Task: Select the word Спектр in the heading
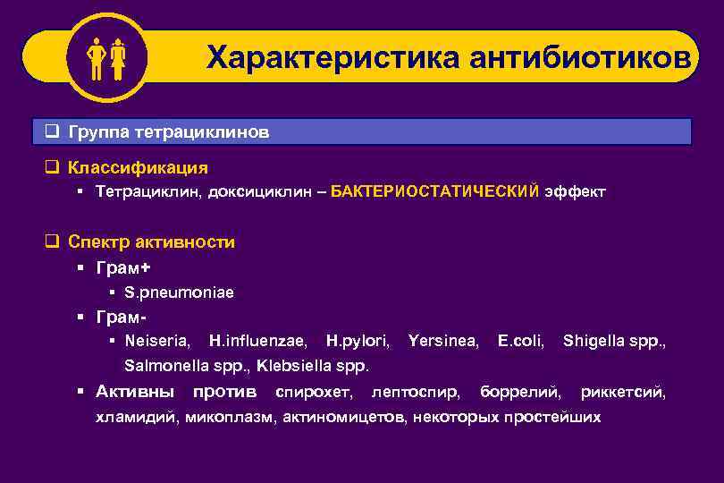click(x=98, y=241)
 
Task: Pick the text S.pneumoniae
click(x=180, y=292)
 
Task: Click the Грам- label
click(x=122, y=317)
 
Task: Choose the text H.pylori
click(x=358, y=341)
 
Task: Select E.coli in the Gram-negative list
click(x=521, y=341)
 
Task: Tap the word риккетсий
click(x=623, y=392)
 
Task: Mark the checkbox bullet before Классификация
click(x=52, y=167)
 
